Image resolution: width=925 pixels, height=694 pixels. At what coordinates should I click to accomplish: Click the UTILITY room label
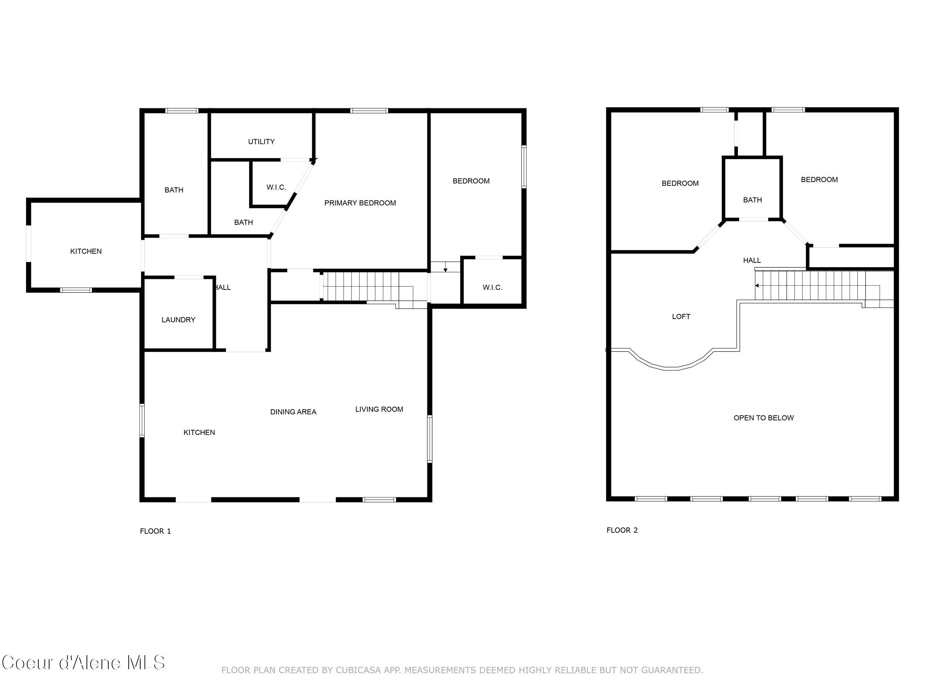coord(261,142)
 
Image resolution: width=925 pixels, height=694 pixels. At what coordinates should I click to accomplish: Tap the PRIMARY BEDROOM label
coord(360,203)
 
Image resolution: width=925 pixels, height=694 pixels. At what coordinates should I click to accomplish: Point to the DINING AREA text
coord(293,412)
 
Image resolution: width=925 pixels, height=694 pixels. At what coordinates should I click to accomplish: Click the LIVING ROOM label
coord(379,409)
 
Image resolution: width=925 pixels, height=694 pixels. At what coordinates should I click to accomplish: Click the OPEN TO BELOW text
coord(763,418)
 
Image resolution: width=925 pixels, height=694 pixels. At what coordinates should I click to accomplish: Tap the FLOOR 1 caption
coord(155,531)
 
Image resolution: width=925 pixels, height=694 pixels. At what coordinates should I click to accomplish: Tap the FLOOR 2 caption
coord(622,530)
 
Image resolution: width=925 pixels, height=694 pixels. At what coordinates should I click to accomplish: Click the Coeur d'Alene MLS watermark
coord(83,663)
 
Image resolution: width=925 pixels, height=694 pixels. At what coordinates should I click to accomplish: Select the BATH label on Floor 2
coord(752,200)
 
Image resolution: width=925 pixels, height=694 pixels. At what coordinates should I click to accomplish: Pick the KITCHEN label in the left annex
coord(86,251)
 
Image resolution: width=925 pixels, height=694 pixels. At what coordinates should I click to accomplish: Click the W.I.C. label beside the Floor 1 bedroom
coord(492,287)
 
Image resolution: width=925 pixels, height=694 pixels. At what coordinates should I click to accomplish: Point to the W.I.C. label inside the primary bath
coord(276,187)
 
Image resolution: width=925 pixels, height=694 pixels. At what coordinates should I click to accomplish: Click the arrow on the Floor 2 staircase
coord(757,286)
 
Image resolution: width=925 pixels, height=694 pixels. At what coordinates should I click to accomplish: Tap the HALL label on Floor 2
coord(751,260)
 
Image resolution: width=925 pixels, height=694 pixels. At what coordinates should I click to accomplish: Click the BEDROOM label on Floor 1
coord(471,181)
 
